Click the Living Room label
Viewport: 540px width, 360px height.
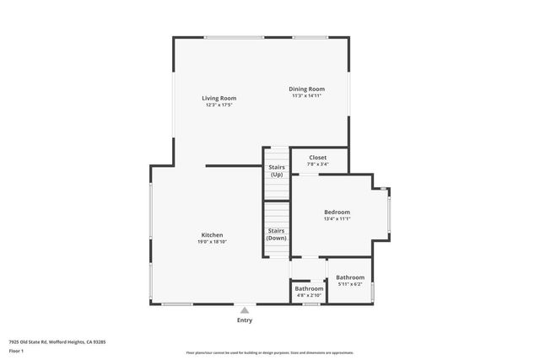coord(218,98)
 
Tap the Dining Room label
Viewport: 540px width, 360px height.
coord(307,89)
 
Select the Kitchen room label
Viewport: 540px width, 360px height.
coord(212,234)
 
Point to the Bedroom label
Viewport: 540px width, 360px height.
coord(337,212)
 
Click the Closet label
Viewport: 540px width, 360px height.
coord(317,157)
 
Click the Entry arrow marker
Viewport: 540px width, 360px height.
coord(245,309)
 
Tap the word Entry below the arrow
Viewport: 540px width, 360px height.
coord(245,320)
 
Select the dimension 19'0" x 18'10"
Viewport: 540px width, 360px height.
coord(212,242)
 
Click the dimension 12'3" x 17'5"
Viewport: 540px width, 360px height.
coord(218,105)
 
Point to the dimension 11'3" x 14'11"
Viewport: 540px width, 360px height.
coord(307,95)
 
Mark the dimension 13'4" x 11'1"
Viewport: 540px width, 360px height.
coord(337,219)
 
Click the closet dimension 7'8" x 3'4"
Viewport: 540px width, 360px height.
coord(317,164)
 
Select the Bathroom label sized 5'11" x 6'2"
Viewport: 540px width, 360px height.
coord(350,277)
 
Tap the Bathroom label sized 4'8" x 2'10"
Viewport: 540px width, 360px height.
coord(309,288)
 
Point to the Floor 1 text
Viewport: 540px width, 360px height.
coord(16,351)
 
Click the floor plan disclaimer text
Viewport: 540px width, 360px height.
coord(269,352)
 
